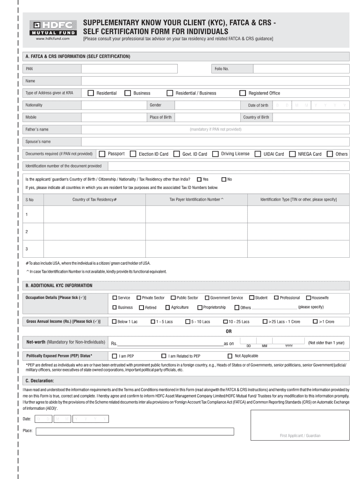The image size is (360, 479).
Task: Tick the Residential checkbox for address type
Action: click(x=91, y=93)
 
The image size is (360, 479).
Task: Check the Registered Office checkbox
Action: click(x=243, y=93)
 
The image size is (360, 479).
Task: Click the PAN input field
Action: click(x=145, y=69)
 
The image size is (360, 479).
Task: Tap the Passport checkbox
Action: click(x=102, y=154)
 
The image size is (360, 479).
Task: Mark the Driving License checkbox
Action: click(x=216, y=154)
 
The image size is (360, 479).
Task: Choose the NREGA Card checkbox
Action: click(x=292, y=154)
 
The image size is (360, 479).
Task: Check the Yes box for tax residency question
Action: click(x=200, y=179)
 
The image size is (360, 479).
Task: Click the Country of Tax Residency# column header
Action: click(x=94, y=200)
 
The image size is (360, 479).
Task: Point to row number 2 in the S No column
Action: click(x=27, y=232)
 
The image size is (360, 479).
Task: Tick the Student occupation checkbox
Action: click(x=252, y=298)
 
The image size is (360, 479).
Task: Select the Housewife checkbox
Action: click(x=309, y=298)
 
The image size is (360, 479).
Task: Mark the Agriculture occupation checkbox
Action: click(x=167, y=307)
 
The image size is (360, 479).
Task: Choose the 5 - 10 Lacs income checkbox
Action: click(x=187, y=322)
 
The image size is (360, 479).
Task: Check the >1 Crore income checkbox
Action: click(x=315, y=322)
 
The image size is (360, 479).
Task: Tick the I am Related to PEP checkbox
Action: click(x=164, y=356)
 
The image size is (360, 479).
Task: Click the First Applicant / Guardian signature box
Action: click(x=300, y=425)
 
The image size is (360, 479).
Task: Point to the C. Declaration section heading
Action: click(x=40, y=380)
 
